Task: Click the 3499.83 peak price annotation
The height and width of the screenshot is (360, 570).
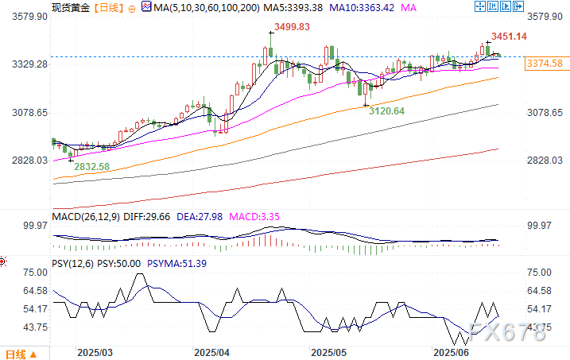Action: click(292, 27)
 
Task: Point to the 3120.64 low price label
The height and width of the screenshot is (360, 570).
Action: click(387, 110)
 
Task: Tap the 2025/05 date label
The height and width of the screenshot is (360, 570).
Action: click(328, 351)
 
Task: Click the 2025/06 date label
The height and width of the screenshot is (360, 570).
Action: click(449, 351)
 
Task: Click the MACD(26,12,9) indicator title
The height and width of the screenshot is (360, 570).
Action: click(89, 215)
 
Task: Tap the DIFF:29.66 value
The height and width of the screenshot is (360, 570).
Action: click(158, 215)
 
